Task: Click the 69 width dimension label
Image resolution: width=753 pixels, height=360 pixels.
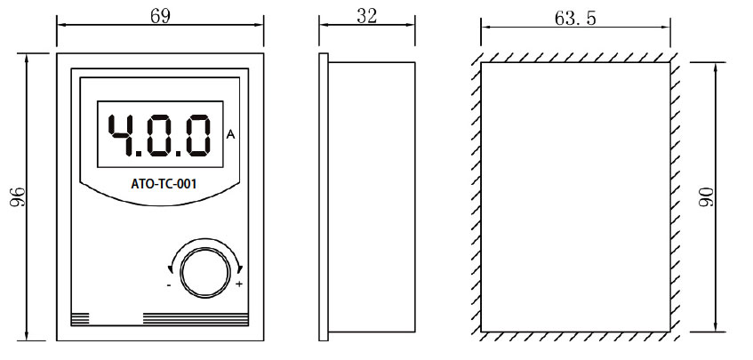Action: (159, 16)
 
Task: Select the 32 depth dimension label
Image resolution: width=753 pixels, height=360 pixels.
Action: (368, 16)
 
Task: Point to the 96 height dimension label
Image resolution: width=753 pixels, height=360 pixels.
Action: (15, 197)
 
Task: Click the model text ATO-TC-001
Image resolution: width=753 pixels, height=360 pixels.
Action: (157, 186)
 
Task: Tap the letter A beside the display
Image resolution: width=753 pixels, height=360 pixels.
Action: (231, 135)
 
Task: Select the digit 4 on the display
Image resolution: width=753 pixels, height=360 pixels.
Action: (122, 134)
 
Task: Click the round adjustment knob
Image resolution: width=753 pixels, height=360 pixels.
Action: (204, 268)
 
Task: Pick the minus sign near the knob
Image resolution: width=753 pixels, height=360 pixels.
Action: (169, 285)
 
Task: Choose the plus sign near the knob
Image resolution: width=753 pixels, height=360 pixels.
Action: (239, 284)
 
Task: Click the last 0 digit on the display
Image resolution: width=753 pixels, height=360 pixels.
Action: (197, 134)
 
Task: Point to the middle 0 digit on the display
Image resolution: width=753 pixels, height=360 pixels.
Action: (161, 134)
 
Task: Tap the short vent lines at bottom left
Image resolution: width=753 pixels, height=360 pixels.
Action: (80, 318)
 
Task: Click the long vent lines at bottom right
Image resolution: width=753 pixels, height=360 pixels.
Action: (196, 318)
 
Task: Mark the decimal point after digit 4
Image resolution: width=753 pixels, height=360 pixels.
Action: (141, 153)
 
